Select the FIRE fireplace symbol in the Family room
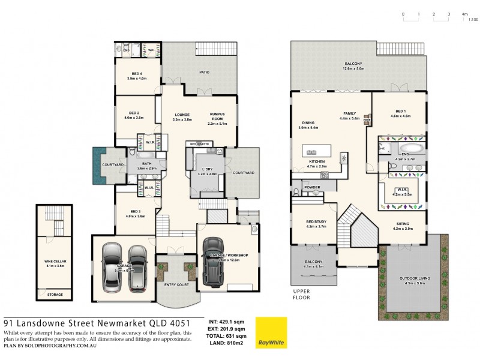tap(366, 121)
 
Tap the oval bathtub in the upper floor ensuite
tap(412, 148)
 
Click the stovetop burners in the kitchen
tap(325, 175)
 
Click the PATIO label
tap(205, 71)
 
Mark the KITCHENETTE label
tap(199, 145)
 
